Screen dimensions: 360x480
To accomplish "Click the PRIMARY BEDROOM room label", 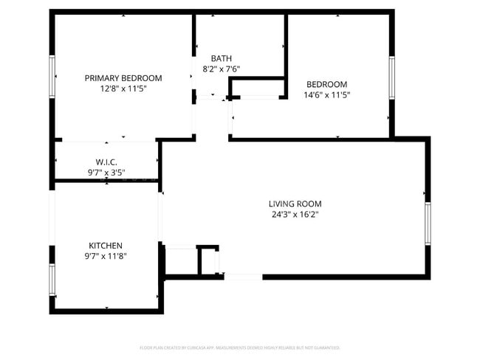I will click(x=123, y=78).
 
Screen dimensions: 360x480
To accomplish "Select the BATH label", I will click(x=221, y=58).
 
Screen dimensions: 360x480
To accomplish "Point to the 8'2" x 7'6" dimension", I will click(x=221, y=69).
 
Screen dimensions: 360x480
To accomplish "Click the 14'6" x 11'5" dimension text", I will click(x=326, y=94).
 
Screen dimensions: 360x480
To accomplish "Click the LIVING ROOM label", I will click(x=295, y=204).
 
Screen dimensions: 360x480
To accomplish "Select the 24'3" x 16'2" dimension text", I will click(x=295, y=215).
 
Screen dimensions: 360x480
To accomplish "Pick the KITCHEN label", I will click(x=106, y=246).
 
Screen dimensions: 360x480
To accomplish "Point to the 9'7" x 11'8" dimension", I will click(x=106, y=257).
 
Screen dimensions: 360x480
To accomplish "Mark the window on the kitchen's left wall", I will click(x=52, y=280).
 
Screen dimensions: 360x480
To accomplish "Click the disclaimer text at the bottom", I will click(x=240, y=347).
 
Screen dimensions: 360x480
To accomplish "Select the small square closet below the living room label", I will click(x=208, y=260).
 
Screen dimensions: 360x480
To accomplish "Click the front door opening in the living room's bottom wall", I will click(x=243, y=277).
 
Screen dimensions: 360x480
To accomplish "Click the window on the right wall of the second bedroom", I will click(x=392, y=77).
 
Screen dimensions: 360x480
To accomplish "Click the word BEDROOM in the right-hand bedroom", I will click(x=326, y=84).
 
